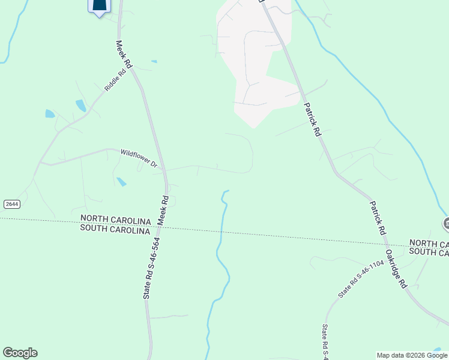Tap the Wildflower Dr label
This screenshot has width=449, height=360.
coord(139,158)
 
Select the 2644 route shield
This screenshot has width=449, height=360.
coord(11,204)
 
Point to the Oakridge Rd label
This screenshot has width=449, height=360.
coord(396,269)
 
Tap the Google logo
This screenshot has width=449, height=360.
coord(20,353)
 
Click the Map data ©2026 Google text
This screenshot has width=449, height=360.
coord(412,355)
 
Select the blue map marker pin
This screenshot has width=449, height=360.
coord(100,6)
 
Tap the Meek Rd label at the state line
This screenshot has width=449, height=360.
coord(163,211)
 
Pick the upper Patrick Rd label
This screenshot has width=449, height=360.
coord(312,119)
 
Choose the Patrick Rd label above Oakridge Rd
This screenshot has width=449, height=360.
coord(376,218)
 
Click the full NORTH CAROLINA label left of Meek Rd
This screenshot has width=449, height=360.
coord(115,220)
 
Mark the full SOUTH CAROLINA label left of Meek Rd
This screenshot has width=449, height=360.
coord(115,230)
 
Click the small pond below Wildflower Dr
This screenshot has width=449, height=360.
coord(121,182)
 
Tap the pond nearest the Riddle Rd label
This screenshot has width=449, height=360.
coord(81,106)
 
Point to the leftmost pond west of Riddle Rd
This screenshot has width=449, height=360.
coord(50,113)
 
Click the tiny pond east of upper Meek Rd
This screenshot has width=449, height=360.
coord(154,61)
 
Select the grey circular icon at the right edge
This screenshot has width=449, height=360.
coord(446,224)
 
